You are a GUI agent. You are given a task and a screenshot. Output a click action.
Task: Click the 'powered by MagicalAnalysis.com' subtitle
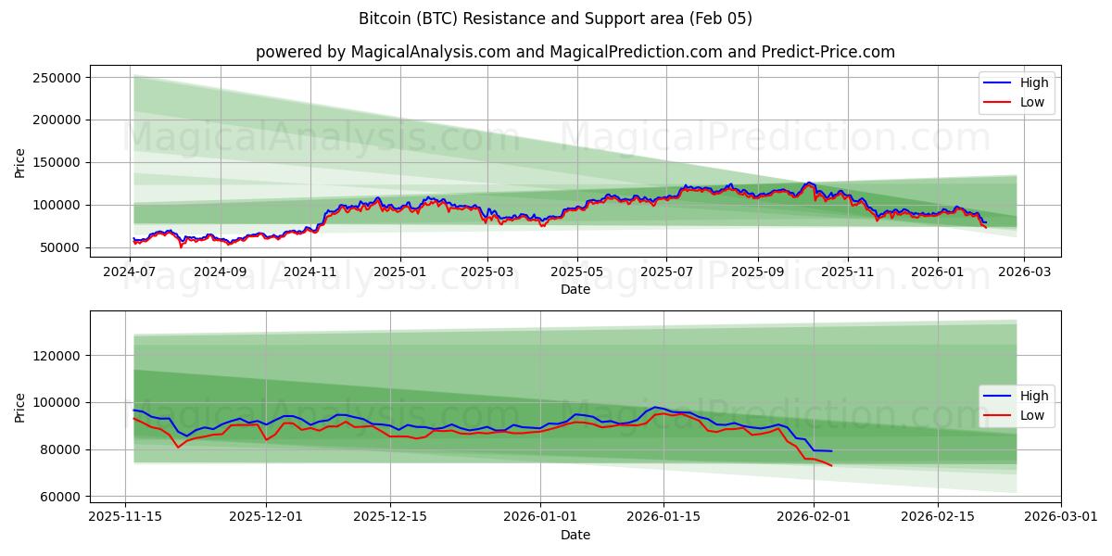(x=575, y=52)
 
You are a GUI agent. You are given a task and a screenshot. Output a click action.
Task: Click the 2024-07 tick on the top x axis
(x=130, y=272)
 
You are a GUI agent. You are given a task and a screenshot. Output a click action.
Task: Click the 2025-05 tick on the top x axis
(x=577, y=272)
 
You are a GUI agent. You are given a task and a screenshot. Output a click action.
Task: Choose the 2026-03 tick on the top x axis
(x=1023, y=272)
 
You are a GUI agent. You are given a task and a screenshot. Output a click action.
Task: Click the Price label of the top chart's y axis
(x=20, y=162)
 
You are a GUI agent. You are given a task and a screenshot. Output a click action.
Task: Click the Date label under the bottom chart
(x=575, y=535)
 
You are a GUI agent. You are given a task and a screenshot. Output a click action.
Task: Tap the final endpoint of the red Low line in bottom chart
(x=831, y=465)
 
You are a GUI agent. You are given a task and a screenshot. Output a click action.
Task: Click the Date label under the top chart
(x=575, y=289)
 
